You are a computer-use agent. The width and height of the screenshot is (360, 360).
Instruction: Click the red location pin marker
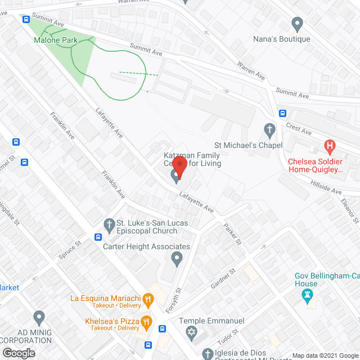[179, 167]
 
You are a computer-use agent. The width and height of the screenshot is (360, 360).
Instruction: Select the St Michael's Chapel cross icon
[269, 130]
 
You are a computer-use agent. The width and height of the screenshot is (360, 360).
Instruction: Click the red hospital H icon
[330, 147]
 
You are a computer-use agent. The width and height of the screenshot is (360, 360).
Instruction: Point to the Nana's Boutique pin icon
[296, 24]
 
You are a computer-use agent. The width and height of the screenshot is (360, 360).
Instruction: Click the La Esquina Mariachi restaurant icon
[147, 298]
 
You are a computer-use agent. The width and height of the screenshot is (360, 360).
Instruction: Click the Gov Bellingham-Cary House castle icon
[308, 296]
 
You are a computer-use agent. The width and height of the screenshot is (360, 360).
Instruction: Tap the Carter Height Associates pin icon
[177, 259]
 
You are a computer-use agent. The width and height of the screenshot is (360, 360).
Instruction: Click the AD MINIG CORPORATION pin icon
[39, 317]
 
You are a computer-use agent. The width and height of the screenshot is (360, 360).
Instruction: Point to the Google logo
[18, 353]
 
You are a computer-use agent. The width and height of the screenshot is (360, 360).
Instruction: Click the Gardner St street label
[223, 280]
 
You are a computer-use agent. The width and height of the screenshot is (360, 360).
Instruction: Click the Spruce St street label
[71, 250]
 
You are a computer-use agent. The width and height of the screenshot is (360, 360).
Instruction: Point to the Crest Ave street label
[299, 131]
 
